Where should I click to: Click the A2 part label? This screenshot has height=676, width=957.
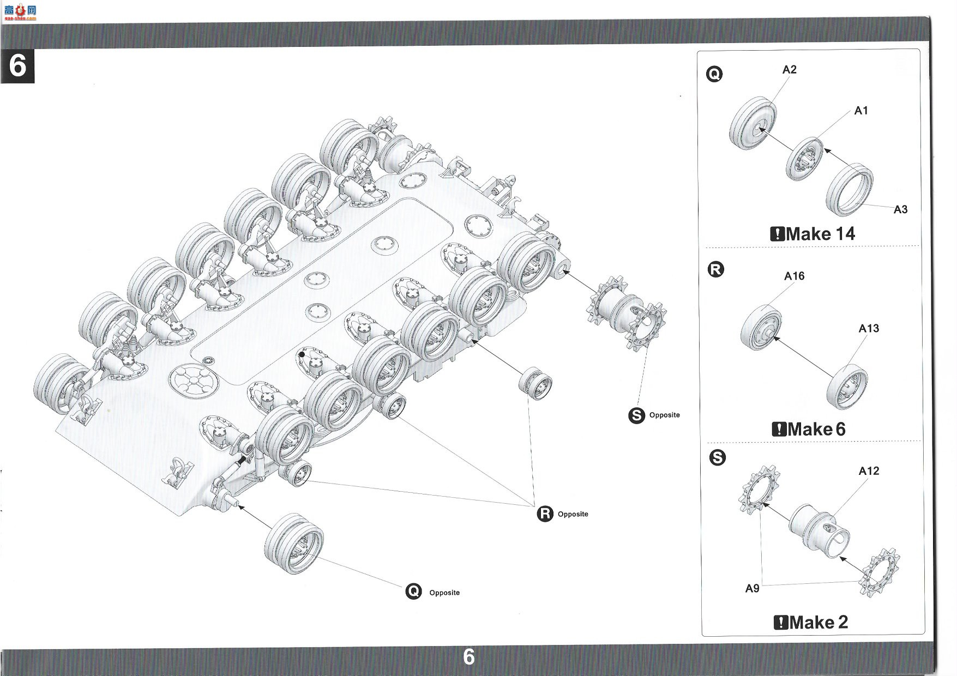(789, 70)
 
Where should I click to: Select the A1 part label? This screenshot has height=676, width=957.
(861, 111)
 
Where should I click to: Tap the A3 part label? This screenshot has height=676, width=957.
(900, 209)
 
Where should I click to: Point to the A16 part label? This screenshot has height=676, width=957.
(794, 276)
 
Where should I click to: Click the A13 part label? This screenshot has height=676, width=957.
(869, 328)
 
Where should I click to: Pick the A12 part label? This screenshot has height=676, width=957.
(869, 471)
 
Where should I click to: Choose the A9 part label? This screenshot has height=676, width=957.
(752, 588)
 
